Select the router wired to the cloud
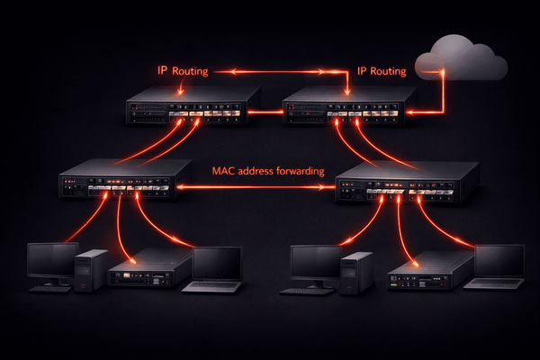pyautogui.click(x=346, y=109)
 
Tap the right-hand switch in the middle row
pyautogui.click(x=400, y=184)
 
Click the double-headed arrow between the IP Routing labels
pyautogui.click(x=274, y=70)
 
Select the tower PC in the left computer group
pyautogui.click(x=91, y=269)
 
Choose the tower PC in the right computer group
pyautogui.click(x=356, y=271)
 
